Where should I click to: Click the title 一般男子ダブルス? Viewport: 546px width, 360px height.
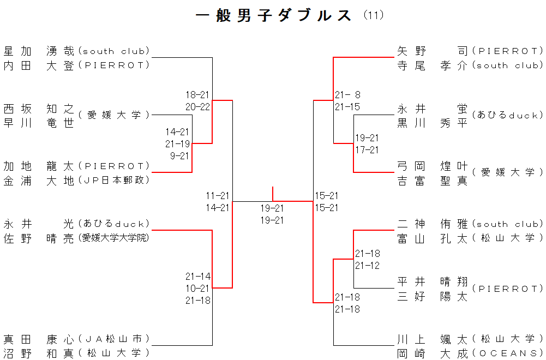273,15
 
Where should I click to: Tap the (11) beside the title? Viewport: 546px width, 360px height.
374,15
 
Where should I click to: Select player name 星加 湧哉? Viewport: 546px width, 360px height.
38,51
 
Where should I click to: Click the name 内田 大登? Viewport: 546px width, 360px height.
38,65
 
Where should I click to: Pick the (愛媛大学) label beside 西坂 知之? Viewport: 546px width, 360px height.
113,115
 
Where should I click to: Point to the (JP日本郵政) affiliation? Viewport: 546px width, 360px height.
113,180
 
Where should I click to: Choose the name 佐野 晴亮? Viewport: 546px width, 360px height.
38,238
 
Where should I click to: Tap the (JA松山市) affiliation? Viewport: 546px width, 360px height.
113,339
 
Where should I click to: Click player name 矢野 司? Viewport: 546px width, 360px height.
433,51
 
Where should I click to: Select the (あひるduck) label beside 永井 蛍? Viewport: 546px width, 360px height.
507,115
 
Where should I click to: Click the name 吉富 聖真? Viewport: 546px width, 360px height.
433,181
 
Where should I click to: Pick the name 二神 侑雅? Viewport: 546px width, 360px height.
433,224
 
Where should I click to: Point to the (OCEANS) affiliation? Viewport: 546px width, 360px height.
507,353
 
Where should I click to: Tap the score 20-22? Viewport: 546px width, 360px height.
197,107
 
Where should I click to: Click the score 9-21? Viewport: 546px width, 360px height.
179,156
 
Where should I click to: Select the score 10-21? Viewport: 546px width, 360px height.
197,288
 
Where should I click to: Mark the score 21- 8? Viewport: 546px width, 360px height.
347,94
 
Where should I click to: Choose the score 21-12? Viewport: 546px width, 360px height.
368,266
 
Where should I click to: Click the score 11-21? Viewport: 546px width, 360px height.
218,195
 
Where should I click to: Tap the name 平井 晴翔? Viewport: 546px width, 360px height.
433,282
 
